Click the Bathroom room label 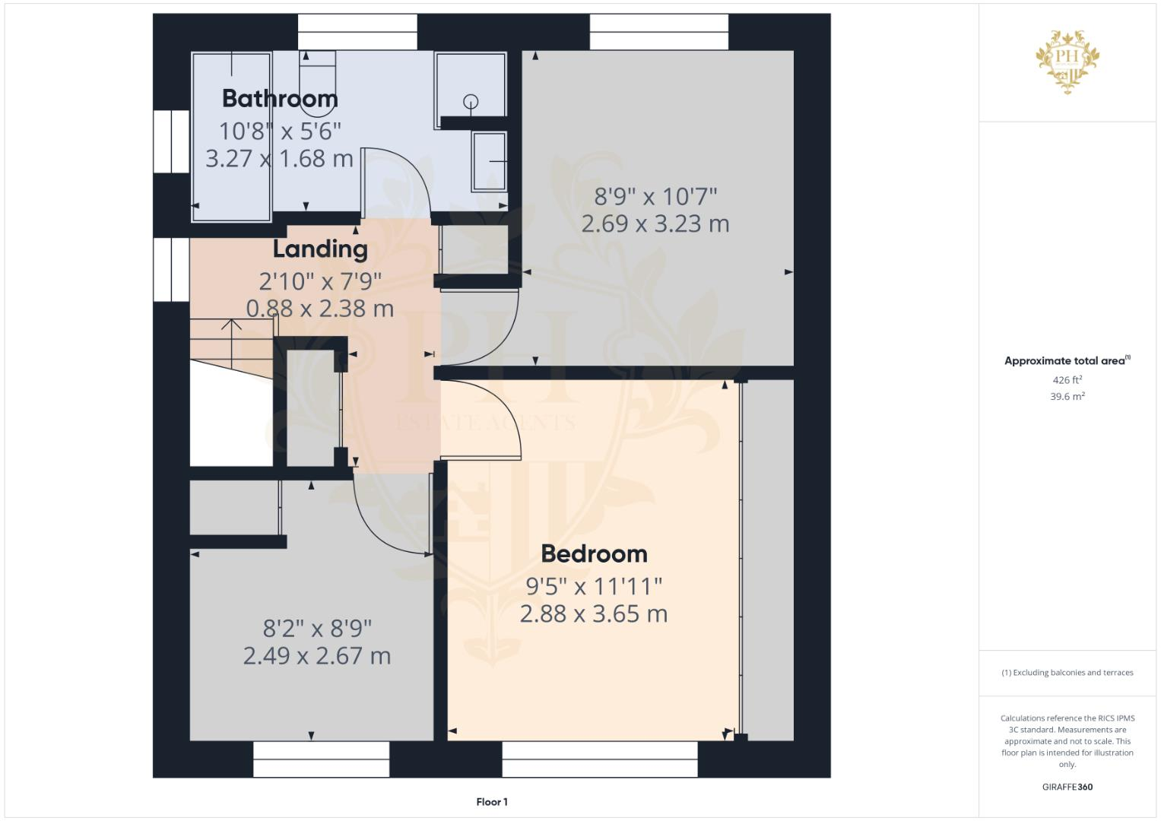280,99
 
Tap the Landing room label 320,249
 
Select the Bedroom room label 594,554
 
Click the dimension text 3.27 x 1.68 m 279,159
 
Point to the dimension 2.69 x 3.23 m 655,224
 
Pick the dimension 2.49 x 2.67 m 317,656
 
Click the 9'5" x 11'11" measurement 594,587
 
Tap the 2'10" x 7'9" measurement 320,282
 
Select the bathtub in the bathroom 232,137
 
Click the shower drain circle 471,101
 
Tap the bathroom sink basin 490,161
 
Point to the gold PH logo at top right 1067,61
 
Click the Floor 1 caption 492,802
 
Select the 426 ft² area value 1067,380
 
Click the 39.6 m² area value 1067,397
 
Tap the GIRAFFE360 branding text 1067,788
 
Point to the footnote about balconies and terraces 1067,673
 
